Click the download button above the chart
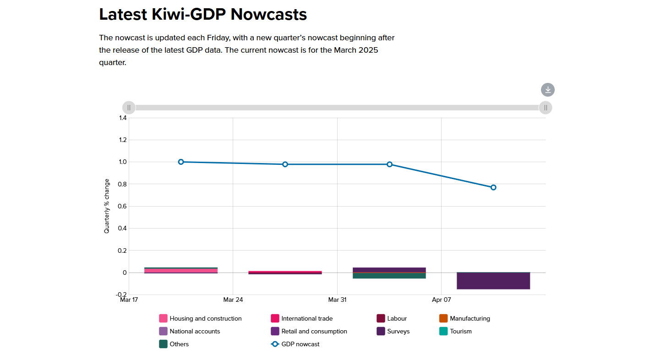point(547,90)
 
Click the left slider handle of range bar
point(129,108)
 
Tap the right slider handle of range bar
point(545,108)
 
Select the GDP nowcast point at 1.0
point(181,162)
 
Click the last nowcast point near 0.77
point(493,187)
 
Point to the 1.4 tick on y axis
point(122,118)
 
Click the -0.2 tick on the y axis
point(121,295)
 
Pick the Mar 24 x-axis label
point(233,300)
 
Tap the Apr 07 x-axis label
point(441,300)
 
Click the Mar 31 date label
point(337,300)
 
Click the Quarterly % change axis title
point(107,206)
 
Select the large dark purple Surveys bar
point(493,281)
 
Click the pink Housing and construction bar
point(181,271)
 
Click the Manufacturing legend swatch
point(443,318)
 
